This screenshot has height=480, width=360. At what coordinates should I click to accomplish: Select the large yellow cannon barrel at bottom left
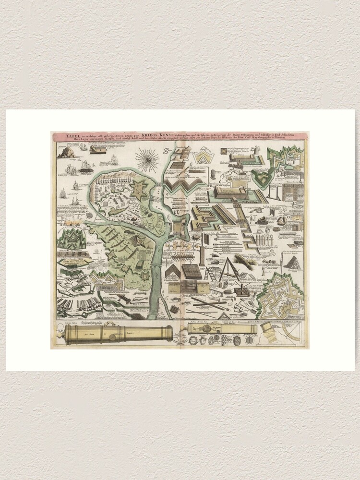coord(118,332)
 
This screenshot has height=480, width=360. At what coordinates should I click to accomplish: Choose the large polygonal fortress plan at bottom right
coord(281,295)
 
